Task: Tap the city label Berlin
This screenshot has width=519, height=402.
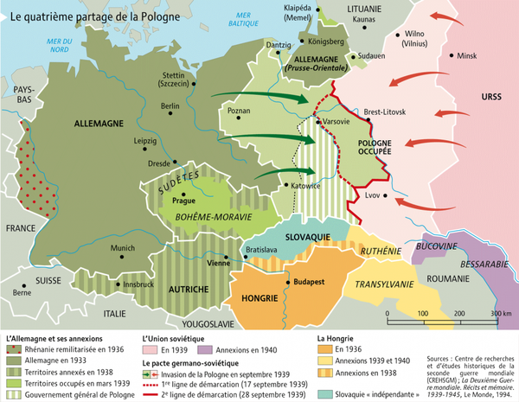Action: point(170,106)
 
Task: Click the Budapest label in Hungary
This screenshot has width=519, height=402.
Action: point(308,283)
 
